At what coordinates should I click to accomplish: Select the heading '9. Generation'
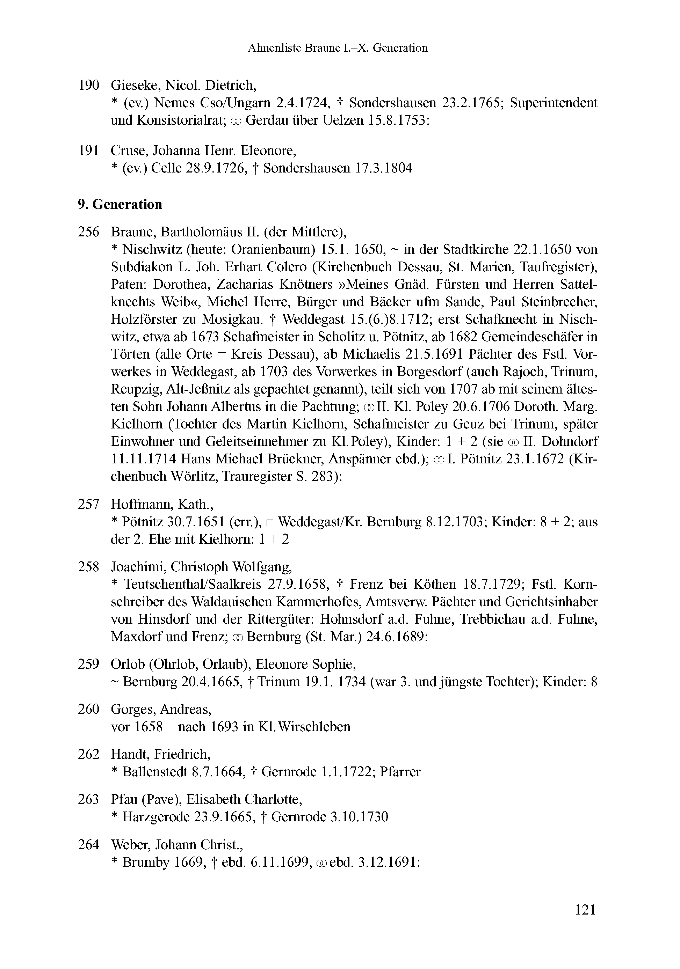click(x=120, y=204)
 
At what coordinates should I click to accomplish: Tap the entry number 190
click(x=88, y=85)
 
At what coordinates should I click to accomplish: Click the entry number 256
click(x=88, y=232)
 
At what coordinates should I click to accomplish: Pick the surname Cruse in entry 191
click(x=129, y=150)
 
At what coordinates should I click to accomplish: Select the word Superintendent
click(x=554, y=103)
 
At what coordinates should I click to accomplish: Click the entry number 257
click(x=88, y=504)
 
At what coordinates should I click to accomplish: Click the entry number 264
click(x=88, y=844)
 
